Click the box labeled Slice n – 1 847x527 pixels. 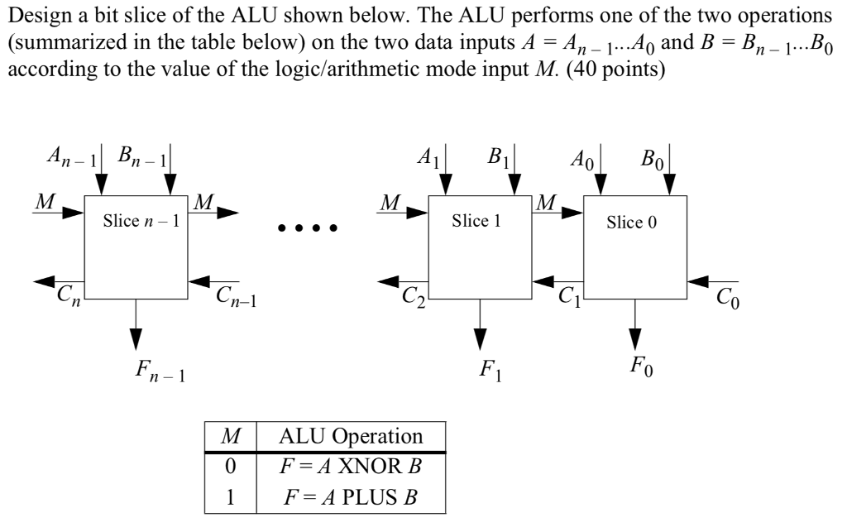pyautogui.click(x=136, y=247)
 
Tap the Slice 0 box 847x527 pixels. pyautogui.click(x=635, y=247)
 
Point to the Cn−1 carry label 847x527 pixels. pyautogui.click(x=235, y=297)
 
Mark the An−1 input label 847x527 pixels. pyautogui.click(x=74, y=157)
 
